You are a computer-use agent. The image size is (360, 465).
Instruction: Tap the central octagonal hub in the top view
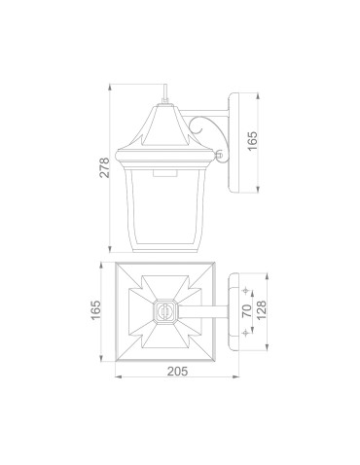point(166,312)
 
